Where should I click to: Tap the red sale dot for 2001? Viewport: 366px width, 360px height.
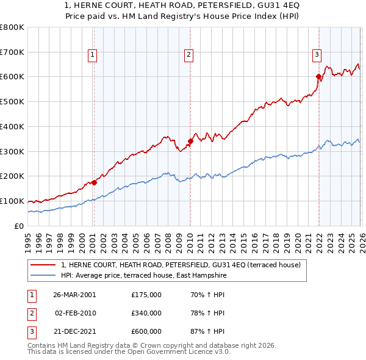point(94,182)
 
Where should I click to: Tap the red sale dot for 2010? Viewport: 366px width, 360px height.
point(190,141)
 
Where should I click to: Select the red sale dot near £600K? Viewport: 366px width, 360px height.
point(318,76)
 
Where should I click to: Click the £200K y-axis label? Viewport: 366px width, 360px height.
point(12,176)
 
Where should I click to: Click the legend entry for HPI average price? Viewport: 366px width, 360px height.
point(143,276)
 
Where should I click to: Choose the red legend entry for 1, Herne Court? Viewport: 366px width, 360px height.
point(181,265)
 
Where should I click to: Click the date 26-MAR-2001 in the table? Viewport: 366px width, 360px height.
point(74,295)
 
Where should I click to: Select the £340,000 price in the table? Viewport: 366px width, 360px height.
point(146,313)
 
